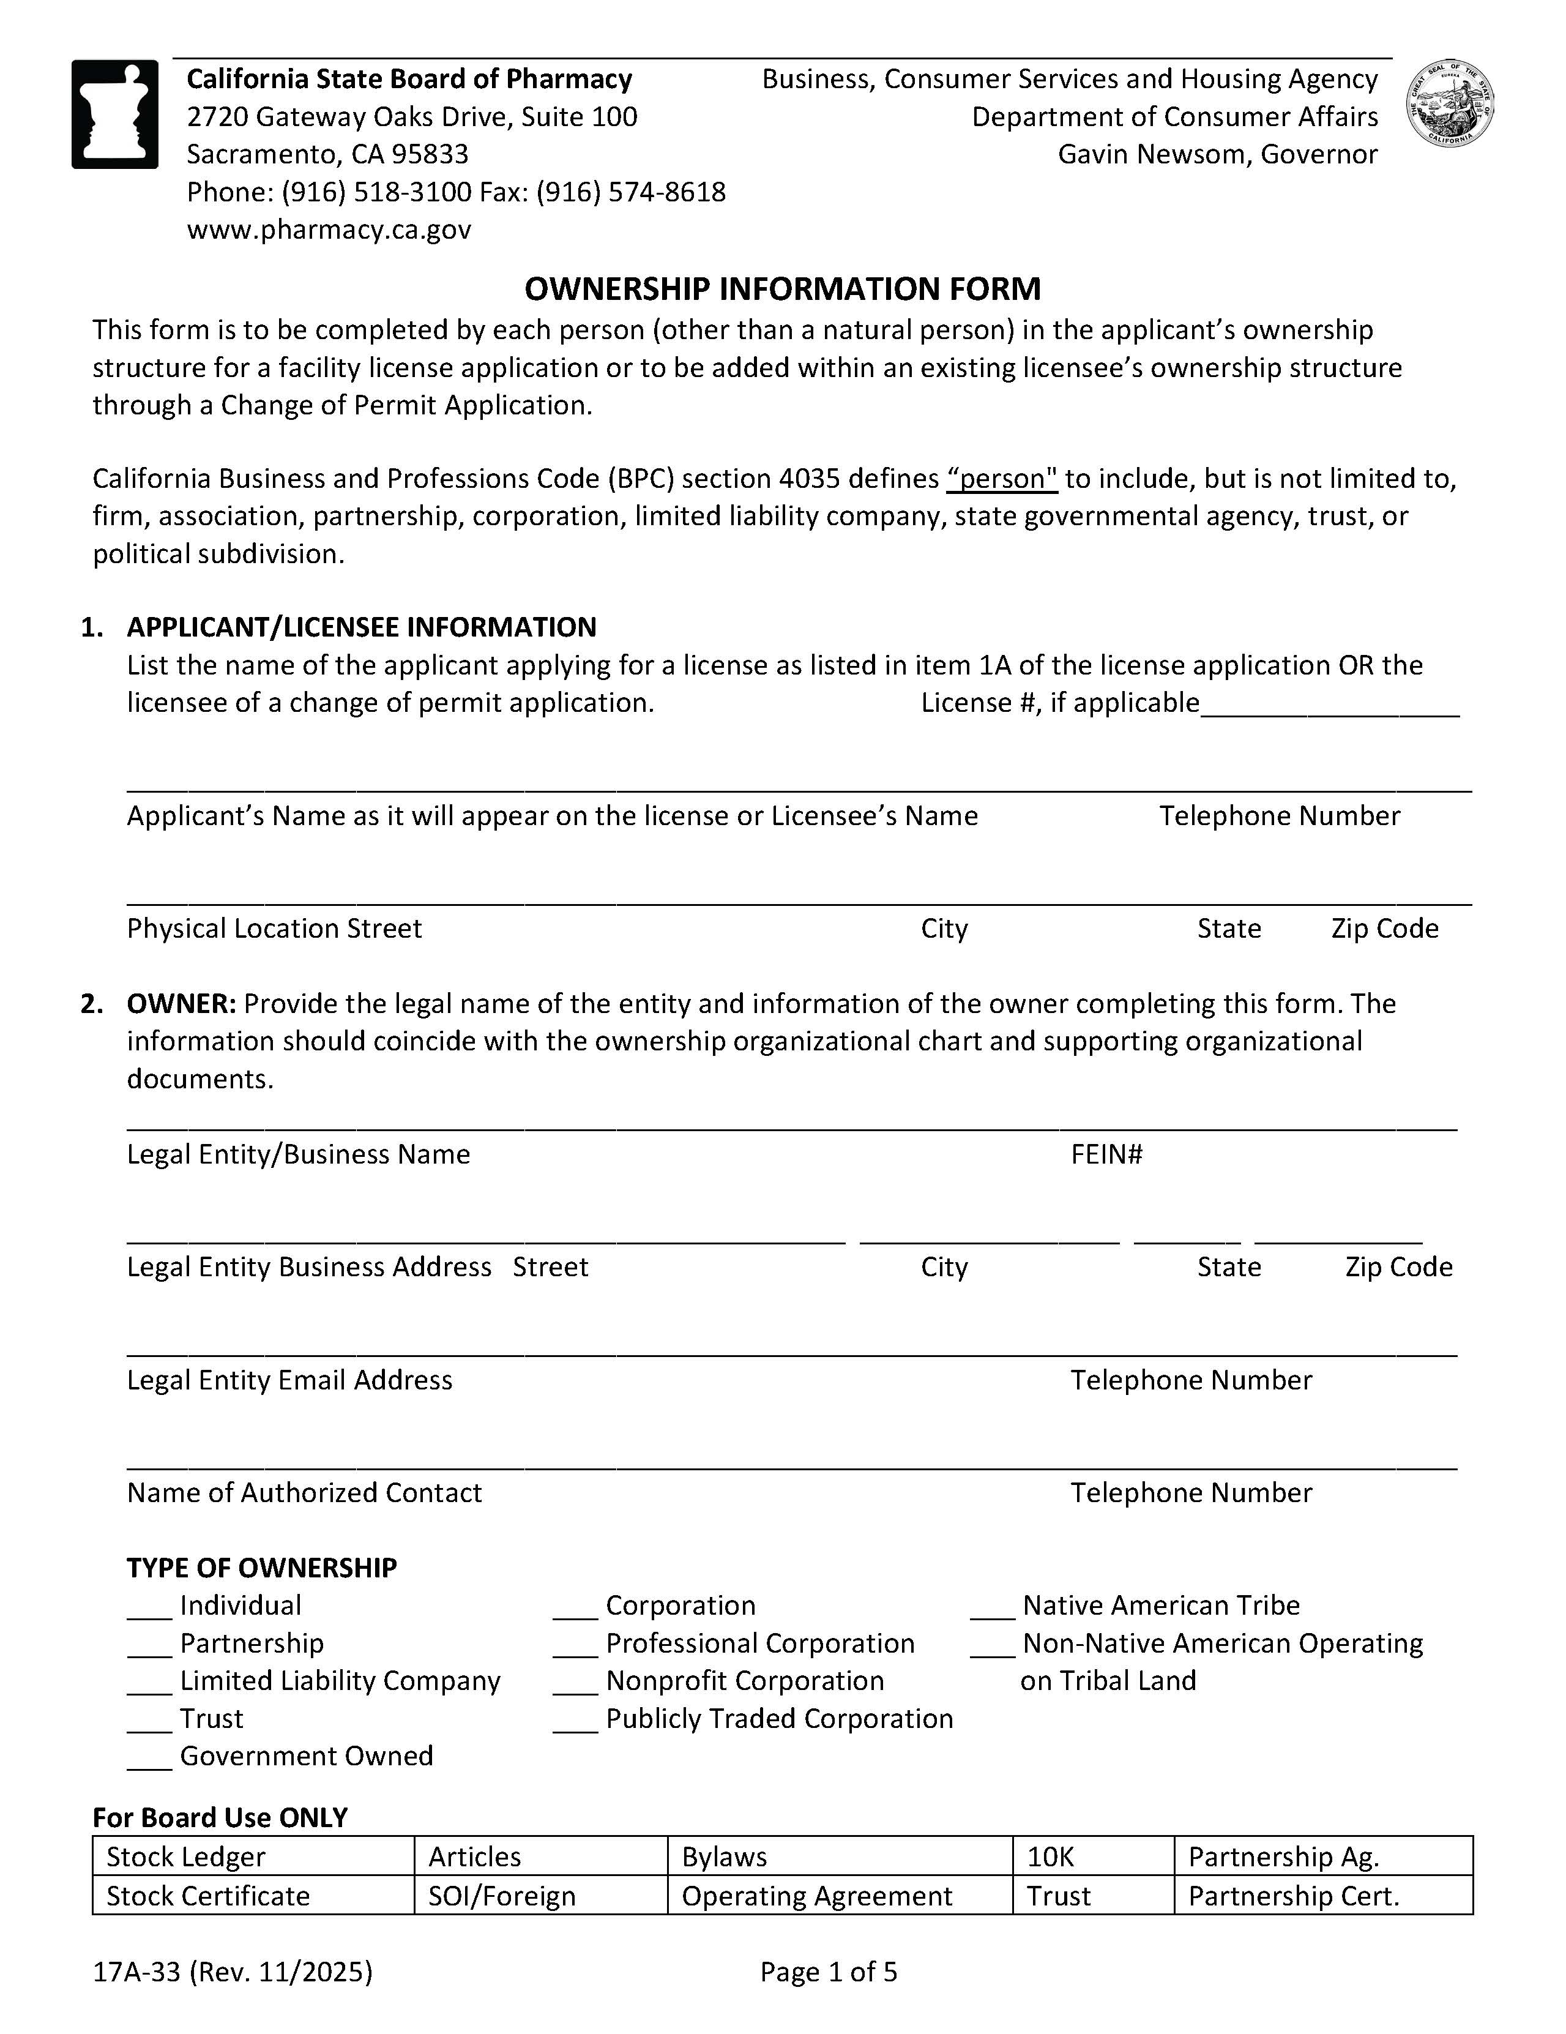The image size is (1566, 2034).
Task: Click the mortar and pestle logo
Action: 114,114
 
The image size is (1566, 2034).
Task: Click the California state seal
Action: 1450,103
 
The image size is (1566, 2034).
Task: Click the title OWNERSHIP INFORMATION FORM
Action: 782,289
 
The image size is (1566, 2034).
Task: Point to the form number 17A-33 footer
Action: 232,1972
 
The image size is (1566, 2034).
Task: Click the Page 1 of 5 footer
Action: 829,1972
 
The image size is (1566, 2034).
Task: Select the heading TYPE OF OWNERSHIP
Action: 262,1568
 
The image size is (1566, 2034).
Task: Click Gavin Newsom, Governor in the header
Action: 1217,155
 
